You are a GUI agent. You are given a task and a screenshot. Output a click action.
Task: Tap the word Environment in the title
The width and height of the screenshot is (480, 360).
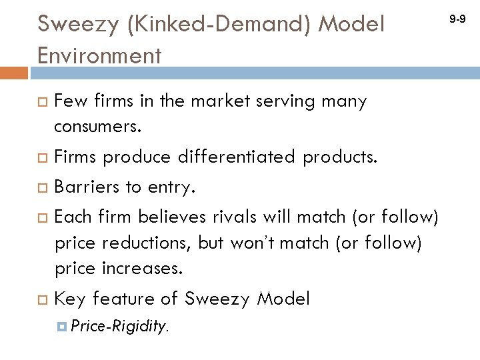(99, 55)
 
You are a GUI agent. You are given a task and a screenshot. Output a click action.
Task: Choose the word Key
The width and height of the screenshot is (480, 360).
(71, 299)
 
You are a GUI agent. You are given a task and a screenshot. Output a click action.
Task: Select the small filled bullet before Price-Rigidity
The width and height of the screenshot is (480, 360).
(61, 326)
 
